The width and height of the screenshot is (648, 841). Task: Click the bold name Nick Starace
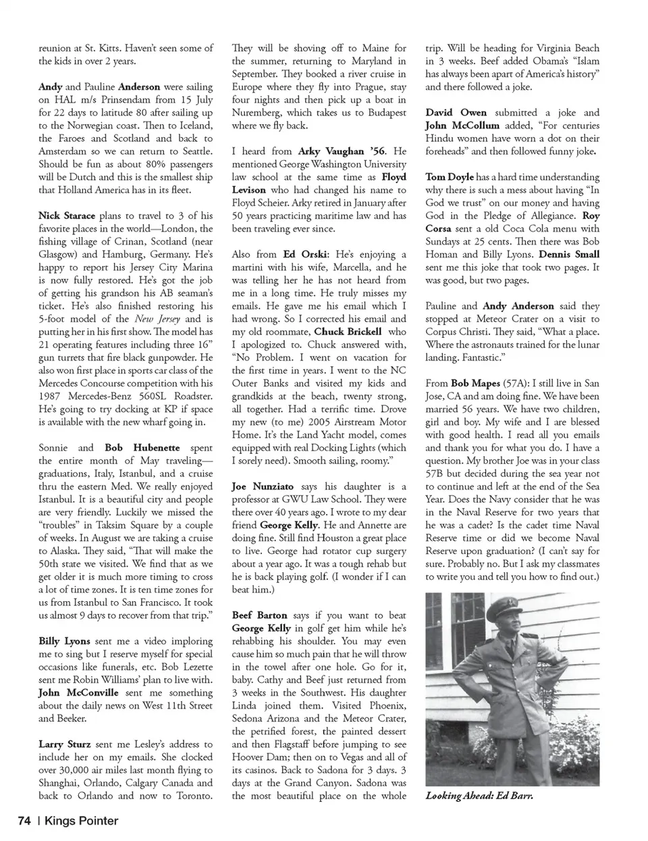pos(67,216)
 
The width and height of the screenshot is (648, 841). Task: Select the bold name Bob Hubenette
pos(142,448)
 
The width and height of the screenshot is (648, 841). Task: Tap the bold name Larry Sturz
pos(65,744)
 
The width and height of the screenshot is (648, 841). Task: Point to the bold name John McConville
pos(78,693)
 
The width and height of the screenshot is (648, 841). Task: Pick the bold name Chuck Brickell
pos(348,332)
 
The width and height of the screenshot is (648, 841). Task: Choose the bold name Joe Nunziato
pos(262,486)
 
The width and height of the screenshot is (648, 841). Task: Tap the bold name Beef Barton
pos(259,615)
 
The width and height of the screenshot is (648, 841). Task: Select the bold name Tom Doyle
pos(450,177)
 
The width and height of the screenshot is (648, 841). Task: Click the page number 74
pos(25,821)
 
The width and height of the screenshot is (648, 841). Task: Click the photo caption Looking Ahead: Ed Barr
pos(479,796)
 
